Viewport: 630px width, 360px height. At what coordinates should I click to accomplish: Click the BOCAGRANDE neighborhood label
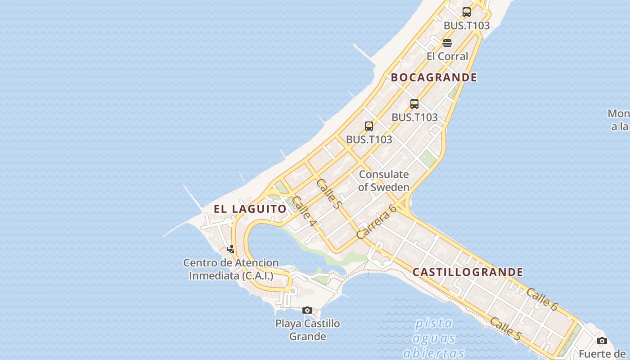pyautogui.click(x=433, y=77)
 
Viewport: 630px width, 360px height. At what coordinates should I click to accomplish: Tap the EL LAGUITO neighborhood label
pyautogui.click(x=250, y=209)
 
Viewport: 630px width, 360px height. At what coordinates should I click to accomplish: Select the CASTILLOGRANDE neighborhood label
pyautogui.click(x=468, y=272)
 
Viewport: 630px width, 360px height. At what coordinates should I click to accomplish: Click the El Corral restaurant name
pyautogui.click(x=447, y=56)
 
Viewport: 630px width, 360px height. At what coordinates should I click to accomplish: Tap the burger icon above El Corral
pyautogui.click(x=447, y=43)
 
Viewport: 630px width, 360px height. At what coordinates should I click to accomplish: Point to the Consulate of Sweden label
pyautogui.click(x=384, y=181)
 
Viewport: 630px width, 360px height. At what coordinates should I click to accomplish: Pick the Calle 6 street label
pyautogui.click(x=542, y=299)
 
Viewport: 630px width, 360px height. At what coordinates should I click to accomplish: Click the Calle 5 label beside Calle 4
pyautogui.click(x=328, y=193)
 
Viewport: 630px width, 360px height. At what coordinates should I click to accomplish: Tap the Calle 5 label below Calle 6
pyautogui.click(x=505, y=328)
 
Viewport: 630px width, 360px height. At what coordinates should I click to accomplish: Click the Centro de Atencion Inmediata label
pyautogui.click(x=230, y=269)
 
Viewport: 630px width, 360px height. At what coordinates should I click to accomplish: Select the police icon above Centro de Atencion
pyautogui.click(x=230, y=249)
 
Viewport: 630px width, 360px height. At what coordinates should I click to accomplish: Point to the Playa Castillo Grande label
pyautogui.click(x=307, y=330)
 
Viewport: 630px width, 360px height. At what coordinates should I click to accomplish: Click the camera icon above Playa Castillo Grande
pyautogui.click(x=307, y=310)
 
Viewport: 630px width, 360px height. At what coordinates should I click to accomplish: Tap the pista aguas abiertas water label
pyautogui.click(x=433, y=337)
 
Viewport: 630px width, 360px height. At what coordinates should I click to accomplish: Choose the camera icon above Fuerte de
pyautogui.click(x=602, y=341)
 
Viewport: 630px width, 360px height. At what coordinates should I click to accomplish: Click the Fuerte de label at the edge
pyautogui.click(x=603, y=354)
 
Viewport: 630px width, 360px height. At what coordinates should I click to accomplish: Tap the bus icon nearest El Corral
pyautogui.click(x=467, y=12)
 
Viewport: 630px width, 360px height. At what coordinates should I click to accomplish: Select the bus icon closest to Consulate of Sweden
pyautogui.click(x=369, y=126)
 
